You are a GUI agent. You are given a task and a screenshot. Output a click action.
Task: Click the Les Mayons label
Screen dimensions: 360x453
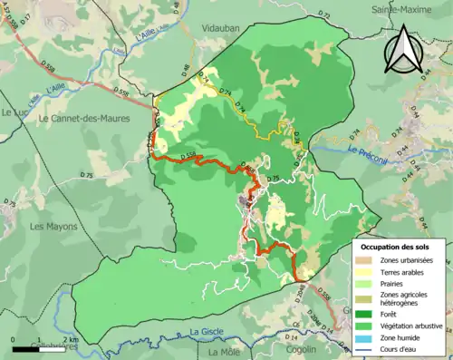pos(51,226)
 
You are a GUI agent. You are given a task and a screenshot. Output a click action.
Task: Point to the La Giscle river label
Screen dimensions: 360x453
pos(207,332)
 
